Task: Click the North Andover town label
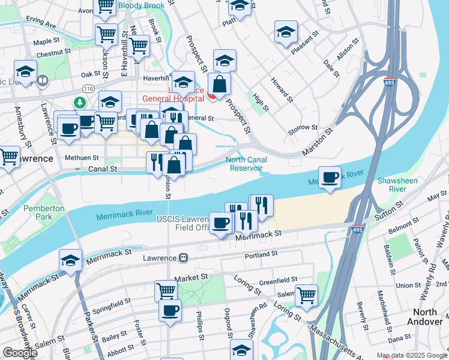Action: pos(427,317)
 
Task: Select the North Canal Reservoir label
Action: pos(246,164)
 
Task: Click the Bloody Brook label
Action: pos(140,6)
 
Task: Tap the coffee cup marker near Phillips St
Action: pos(170,311)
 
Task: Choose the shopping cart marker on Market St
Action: pos(166,292)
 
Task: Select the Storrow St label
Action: pos(303,127)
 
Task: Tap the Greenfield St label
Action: pos(278,280)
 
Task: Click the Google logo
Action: pos(20,353)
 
